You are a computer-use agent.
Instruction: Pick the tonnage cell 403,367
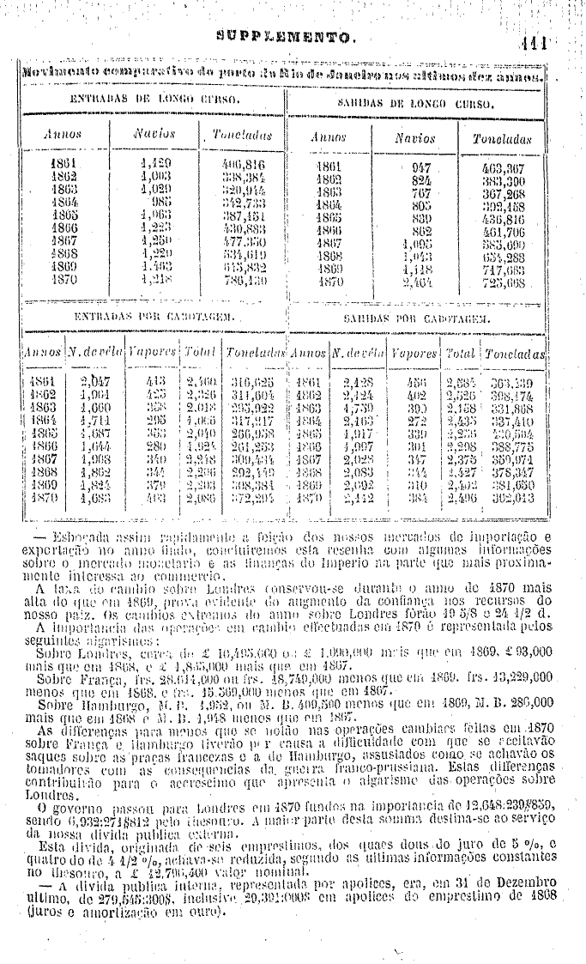[504, 169]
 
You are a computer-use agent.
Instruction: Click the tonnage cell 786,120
[244, 281]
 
